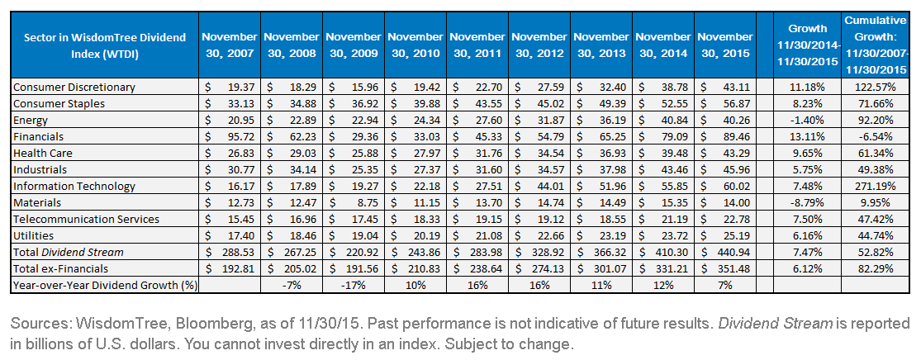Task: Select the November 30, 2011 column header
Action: coord(477,45)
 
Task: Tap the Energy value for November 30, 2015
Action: coord(738,121)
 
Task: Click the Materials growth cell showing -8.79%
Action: coord(806,202)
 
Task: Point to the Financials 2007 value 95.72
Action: coord(241,137)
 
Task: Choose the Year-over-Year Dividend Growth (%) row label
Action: coord(105,286)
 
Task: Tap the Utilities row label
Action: coord(34,235)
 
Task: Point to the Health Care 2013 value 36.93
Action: coord(614,154)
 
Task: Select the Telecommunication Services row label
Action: coord(86,219)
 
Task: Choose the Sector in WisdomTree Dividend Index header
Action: coord(105,45)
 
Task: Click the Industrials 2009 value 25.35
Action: coord(365,170)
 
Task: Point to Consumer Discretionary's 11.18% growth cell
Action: coord(806,88)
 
